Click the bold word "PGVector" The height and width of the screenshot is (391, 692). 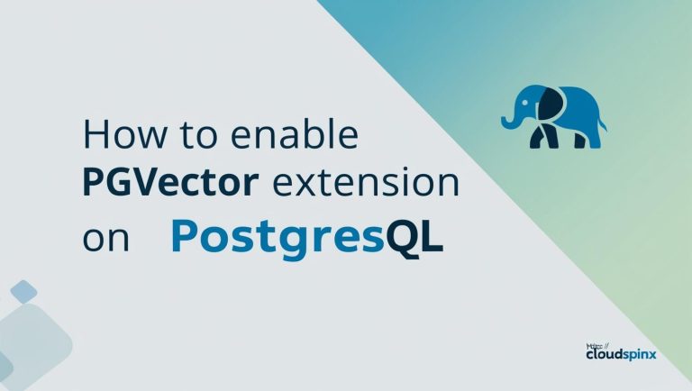coord(170,185)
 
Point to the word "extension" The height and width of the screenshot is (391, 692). coord(365,185)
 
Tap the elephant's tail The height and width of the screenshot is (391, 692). coord(602,122)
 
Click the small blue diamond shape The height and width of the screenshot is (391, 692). coord(24,291)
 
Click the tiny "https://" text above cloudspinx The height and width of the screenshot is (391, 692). coord(594,343)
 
